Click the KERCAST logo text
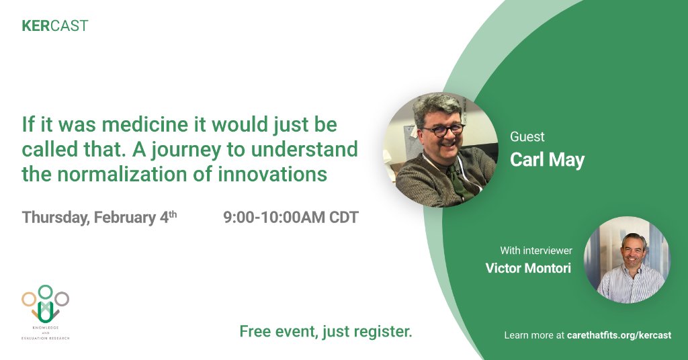tap(55, 26)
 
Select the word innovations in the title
tap(273, 174)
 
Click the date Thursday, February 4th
tap(99, 218)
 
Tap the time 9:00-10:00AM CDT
tap(291, 218)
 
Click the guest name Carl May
tap(547, 160)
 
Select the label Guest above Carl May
tap(527, 137)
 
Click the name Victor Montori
tap(528, 268)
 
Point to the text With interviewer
tap(536, 251)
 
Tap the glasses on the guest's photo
tap(443, 130)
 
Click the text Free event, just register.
tap(326, 332)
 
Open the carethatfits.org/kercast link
tap(619, 335)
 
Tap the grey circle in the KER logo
tap(62, 299)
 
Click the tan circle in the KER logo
tap(28, 300)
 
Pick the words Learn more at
tap(534, 335)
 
